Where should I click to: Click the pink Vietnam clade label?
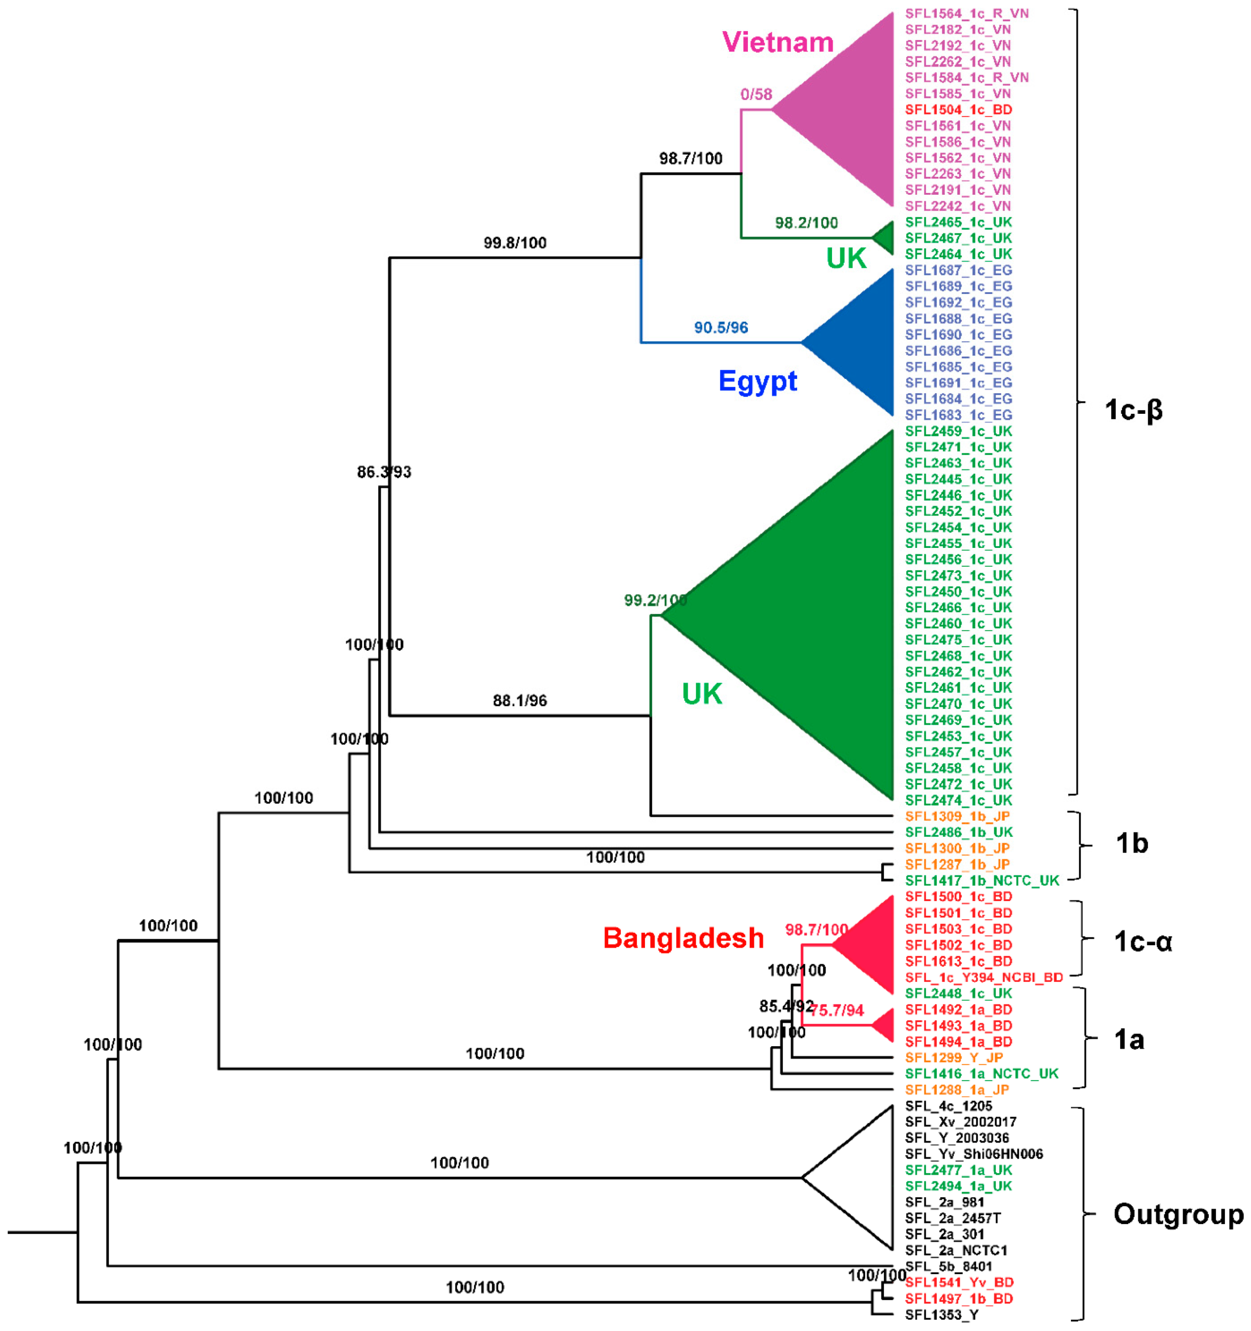pos(777,42)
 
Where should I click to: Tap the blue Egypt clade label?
pos(758,381)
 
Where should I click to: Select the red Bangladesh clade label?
pos(683,938)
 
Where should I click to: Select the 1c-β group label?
pos(1133,410)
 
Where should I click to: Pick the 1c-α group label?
pos(1143,942)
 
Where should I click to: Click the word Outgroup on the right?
pos(1178,1214)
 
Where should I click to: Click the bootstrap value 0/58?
pos(756,95)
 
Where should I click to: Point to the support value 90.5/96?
pos(720,327)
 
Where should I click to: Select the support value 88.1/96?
pos(520,700)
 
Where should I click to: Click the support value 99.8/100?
pos(515,243)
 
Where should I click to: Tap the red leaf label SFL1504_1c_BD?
pos(958,110)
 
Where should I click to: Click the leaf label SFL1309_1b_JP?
pos(957,816)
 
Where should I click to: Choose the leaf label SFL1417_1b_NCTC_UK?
pos(982,880)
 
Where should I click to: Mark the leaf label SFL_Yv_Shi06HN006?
pos(974,1154)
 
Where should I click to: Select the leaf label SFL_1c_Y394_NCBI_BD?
pos(984,977)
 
